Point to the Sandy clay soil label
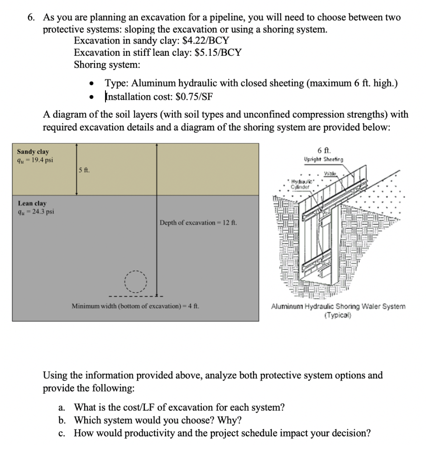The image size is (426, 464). click(x=33, y=152)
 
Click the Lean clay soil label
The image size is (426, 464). click(x=32, y=203)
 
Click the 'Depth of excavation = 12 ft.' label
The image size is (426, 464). click(x=198, y=222)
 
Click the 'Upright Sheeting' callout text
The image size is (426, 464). click(x=324, y=159)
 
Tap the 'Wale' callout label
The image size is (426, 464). click(x=340, y=173)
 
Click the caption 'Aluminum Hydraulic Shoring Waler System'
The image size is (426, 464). click(x=338, y=307)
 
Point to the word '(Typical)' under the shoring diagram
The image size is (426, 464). click(x=338, y=314)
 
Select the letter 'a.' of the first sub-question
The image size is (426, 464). click(x=64, y=407)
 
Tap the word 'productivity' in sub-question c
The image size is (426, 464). click(x=149, y=433)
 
